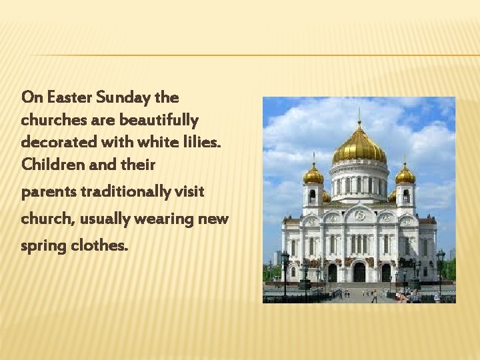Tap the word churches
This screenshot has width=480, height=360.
tap(51, 121)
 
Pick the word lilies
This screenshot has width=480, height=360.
tap(204, 142)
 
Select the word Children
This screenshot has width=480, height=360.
tap(48, 163)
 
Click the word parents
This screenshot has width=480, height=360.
tap(49, 193)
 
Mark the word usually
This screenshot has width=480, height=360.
tap(114, 219)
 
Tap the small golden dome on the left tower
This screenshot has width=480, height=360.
tap(313, 175)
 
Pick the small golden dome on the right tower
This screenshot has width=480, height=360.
tap(405, 175)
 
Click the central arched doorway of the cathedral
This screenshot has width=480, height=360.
tap(359, 271)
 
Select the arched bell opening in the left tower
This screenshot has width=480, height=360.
tap(313, 196)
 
